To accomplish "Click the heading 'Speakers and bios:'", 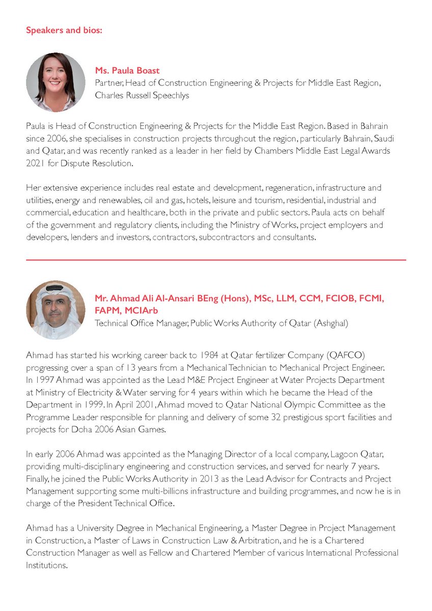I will tap(64, 30).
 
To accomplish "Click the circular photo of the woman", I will tap(56, 82).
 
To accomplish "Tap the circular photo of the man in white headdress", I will tap(56, 310).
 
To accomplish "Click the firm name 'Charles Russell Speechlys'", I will tap(142, 95).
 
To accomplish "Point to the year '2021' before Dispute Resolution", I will tap(36, 163).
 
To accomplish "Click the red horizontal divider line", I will tap(216, 260).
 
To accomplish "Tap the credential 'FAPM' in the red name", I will tap(109, 310).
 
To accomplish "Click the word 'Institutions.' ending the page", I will tap(46, 565).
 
